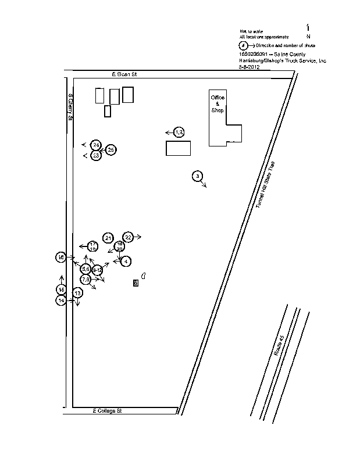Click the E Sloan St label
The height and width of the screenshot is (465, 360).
coord(123,75)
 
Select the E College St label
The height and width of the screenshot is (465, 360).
coord(107,410)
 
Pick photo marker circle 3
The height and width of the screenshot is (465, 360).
coord(198,176)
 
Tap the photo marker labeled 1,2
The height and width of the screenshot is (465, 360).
coord(179,133)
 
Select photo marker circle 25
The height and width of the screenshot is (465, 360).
coord(111,149)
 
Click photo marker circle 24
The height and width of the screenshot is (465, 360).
coord(97,144)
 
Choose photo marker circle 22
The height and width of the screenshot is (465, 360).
coord(128,237)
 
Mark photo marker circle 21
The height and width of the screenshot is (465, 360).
coord(108,238)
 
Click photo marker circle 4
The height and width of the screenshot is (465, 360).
coord(126,262)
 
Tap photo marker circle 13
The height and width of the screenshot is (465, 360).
coord(77,294)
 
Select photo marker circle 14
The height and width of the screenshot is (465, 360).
coord(61,301)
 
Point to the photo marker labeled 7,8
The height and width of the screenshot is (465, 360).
coord(85,280)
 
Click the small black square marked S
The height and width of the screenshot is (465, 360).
coord(136,283)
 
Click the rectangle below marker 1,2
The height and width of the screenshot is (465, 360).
coord(178,148)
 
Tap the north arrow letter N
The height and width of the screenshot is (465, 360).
coord(308,36)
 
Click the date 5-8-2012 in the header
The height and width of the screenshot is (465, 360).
coord(249,67)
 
